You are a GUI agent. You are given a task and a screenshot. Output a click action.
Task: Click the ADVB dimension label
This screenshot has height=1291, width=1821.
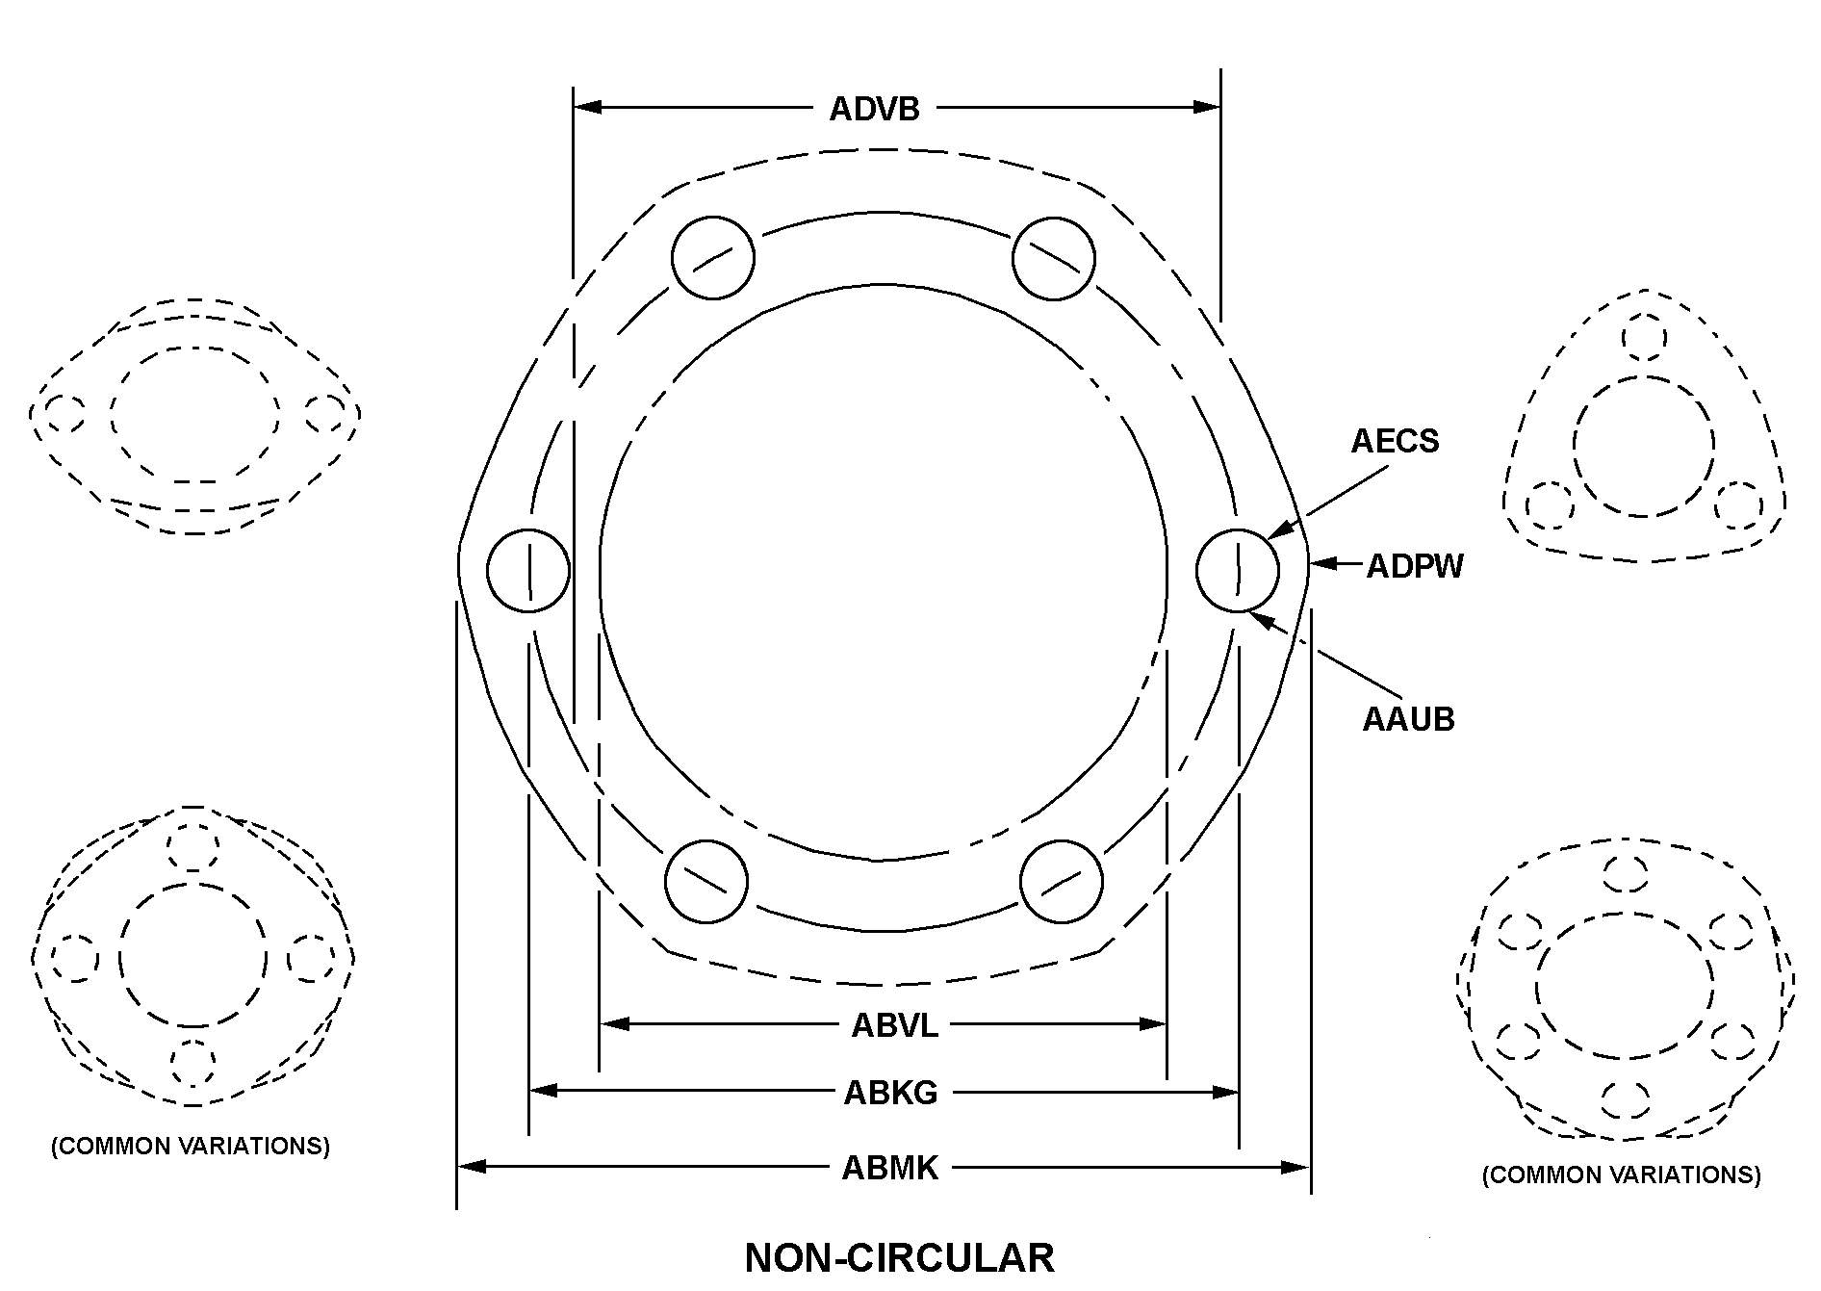click(874, 109)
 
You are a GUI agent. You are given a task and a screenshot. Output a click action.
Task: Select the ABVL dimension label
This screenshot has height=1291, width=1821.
click(894, 1025)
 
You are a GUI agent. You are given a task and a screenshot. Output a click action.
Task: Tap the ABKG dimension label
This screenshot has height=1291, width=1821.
click(890, 1093)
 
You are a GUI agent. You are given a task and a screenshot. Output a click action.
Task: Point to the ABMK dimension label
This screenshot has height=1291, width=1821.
click(889, 1168)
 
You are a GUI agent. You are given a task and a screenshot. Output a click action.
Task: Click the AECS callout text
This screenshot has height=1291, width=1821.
click(1395, 441)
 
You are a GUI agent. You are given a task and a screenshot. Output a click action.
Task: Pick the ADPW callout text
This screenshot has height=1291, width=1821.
click(1415, 566)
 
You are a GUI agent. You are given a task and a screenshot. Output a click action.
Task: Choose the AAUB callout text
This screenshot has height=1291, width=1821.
click(1408, 719)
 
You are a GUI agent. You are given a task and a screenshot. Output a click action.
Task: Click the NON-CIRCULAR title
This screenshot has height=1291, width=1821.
click(899, 1258)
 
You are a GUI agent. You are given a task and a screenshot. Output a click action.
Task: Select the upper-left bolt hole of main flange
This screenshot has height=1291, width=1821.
click(712, 257)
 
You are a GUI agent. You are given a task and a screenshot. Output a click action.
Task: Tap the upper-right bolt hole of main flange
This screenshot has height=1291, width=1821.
click(1054, 257)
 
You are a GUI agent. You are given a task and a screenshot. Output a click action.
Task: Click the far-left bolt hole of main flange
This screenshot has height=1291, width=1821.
click(528, 570)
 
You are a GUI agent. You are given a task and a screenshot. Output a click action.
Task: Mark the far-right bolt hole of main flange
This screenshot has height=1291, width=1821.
click(1238, 570)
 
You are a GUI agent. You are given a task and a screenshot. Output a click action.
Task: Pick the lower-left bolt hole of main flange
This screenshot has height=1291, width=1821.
click(706, 881)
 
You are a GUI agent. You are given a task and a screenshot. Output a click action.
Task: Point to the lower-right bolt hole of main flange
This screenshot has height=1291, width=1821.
click(1062, 881)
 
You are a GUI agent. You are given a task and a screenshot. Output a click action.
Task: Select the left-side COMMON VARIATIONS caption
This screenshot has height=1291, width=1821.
click(191, 1147)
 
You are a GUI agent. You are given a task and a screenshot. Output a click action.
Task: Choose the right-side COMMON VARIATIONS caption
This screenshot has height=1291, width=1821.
click(1621, 1175)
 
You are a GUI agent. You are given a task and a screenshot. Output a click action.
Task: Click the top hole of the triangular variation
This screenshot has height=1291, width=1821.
click(1644, 338)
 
